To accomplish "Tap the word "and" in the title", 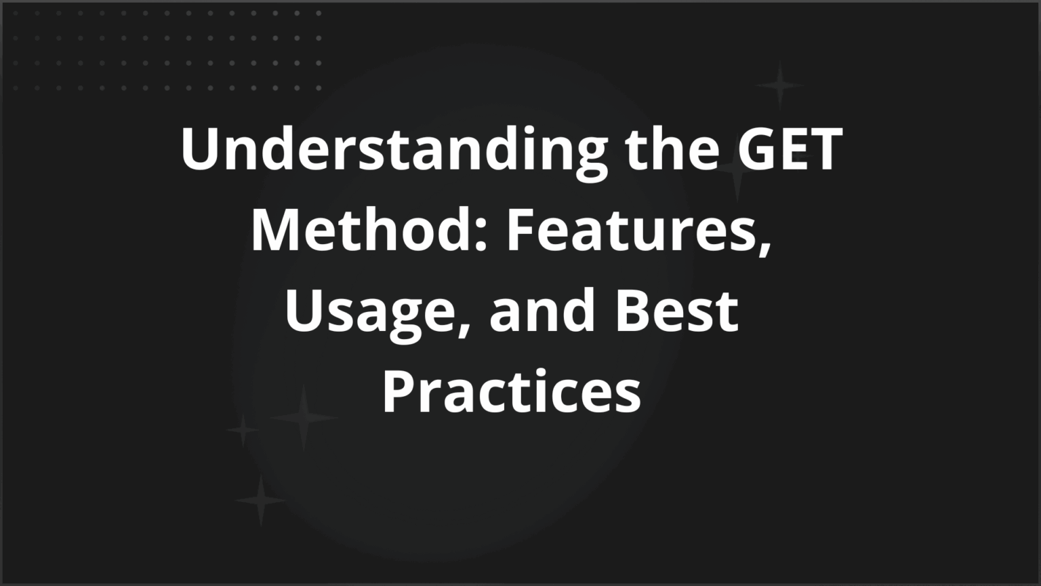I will [x=542, y=310].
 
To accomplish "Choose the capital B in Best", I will [x=634, y=310].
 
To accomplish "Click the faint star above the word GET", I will [x=779, y=85].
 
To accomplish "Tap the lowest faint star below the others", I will [x=260, y=501].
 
